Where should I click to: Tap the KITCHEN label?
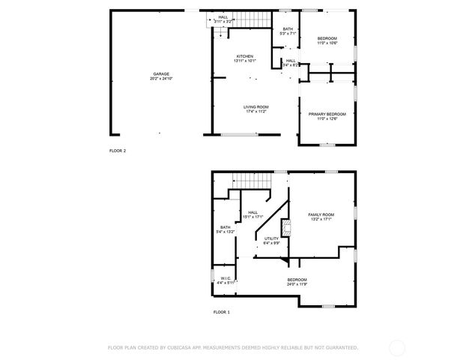click(245, 56)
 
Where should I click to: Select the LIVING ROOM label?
click(255, 106)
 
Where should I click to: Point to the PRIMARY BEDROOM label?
click(327, 113)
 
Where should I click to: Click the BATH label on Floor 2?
click(288, 28)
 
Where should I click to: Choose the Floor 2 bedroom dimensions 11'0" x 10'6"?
click(327, 43)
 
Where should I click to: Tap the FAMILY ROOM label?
click(321, 214)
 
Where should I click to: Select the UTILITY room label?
click(271, 238)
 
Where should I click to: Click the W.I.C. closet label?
click(226, 278)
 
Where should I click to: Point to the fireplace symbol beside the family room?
click(285, 227)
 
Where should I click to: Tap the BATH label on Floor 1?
click(225, 227)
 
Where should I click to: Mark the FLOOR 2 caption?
click(118, 151)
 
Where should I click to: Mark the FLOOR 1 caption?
click(222, 311)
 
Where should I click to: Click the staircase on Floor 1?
click(250, 180)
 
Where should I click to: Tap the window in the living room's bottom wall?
click(239, 134)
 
